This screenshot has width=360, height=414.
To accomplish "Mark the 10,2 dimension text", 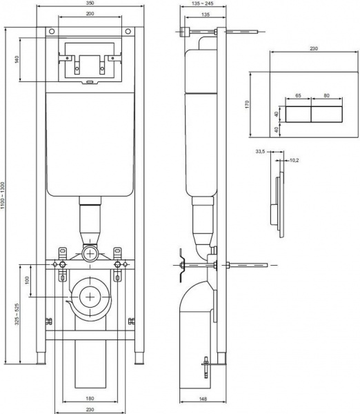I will point(294,160).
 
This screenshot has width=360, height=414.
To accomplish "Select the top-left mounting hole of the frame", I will point(51,32).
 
